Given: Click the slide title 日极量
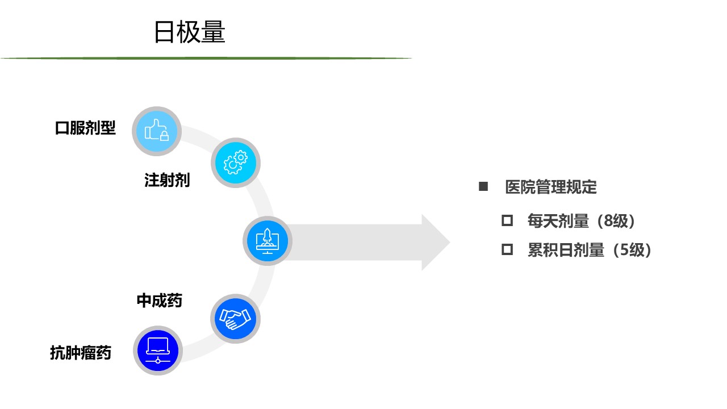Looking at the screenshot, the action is (x=190, y=32).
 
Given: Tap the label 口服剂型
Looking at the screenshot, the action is (x=85, y=128).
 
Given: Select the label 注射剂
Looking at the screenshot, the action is (x=167, y=180).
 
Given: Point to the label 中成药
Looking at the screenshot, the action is (x=160, y=301).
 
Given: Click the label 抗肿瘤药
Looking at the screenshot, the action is (x=81, y=353).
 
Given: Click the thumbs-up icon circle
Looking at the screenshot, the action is (x=157, y=131).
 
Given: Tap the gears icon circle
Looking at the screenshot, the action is (x=236, y=162).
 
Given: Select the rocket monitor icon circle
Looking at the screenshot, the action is (x=268, y=241).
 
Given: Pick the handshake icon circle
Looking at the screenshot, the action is (x=235, y=319).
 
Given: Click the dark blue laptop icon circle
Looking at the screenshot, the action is (x=158, y=350).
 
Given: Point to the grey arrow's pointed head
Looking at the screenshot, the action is (x=449, y=242).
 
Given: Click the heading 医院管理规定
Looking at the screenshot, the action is (x=551, y=187).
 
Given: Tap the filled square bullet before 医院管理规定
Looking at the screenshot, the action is (x=483, y=187).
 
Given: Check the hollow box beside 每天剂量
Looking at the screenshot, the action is (x=507, y=221).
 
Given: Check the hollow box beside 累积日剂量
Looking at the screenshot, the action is (x=507, y=249).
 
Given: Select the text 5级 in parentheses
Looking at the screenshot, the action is (x=632, y=250).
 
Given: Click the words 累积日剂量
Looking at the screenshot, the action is (x=566, y=250).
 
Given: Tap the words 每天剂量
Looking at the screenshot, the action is (x=558, y=221).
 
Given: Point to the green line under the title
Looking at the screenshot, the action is (x=206, y=58).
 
